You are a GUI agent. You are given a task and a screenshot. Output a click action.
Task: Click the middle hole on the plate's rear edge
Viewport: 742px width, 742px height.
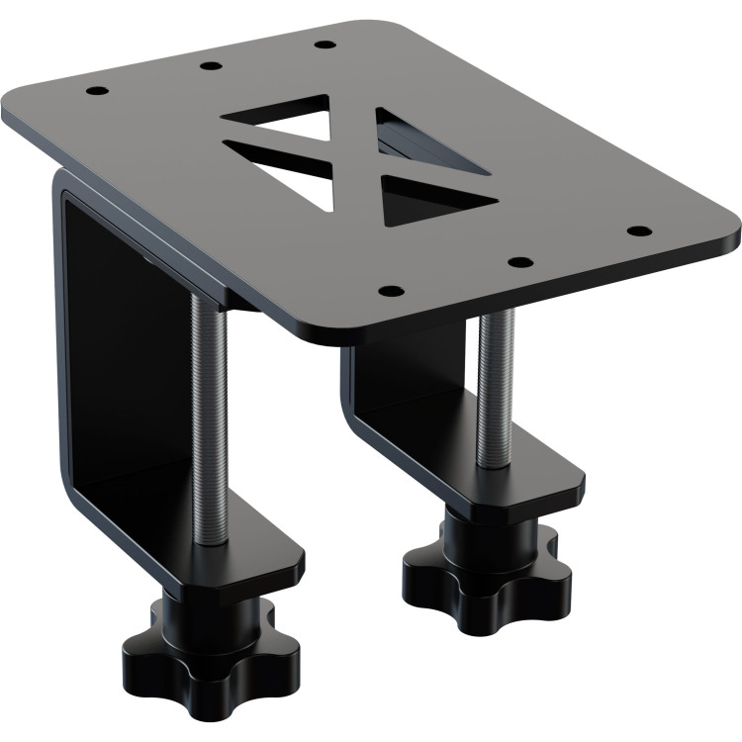pos(210,66)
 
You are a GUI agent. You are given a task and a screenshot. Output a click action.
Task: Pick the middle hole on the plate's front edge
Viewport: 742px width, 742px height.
pos(519,263)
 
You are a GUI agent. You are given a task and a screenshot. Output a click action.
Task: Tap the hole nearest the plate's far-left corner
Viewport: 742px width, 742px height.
pos(96,91)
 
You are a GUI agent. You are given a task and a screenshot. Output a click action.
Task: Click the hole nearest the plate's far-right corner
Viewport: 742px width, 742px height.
pos(639,232)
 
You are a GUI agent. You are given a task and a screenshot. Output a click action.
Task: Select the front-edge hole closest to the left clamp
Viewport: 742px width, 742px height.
pos(392,292)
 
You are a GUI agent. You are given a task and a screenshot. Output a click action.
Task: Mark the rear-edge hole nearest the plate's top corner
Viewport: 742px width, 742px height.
pos(323,45)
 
